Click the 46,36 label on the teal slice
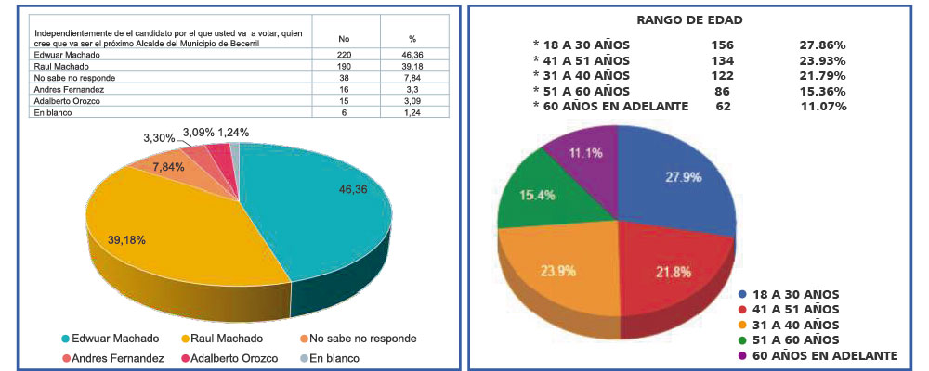point(355,189)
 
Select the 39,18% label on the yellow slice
point(126,239)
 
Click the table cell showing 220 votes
point(345,55)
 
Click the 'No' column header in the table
point(344,38)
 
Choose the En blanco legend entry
point(330,358)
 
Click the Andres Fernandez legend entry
point(113,358)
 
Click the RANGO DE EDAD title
point(689,20)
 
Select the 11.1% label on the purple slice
point(585,153)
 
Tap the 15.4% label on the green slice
point(537,195)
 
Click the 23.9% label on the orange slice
point(557,271)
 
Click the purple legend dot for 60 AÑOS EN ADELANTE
point(743,355)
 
